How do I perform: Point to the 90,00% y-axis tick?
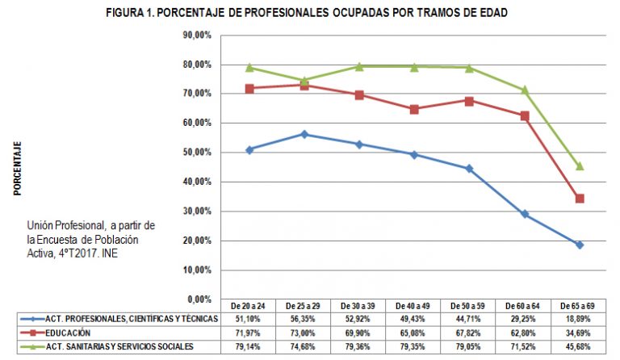(198, 35)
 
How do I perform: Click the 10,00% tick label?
(198, 270)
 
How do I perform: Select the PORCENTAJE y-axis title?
(17, 169)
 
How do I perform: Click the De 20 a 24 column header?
(249, 306)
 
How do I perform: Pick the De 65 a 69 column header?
(579, 306)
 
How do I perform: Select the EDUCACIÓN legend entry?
(68, 333)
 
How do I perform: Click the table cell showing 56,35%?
(304, 319)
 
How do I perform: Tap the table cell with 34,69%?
(579, 333)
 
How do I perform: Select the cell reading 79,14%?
(249, 346)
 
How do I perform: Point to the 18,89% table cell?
(579, 319)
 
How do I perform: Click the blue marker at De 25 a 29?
(304, 134)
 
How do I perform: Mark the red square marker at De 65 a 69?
(580, 199)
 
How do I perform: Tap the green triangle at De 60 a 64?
(525, 90)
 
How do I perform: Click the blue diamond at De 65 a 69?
(580, 245)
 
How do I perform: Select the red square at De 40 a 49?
(414, 109)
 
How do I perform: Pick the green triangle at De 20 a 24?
(249, 68)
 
